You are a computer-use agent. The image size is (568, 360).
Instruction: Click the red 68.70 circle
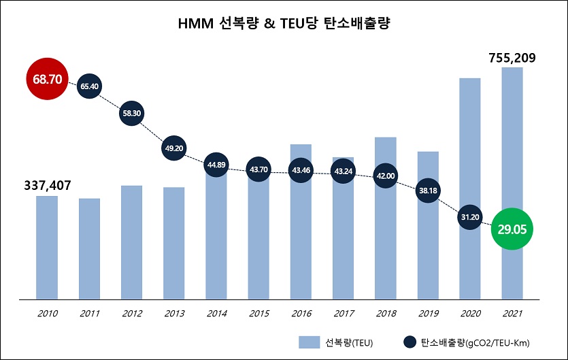[x=47, y=80]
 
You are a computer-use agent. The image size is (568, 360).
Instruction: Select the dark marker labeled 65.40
[x=89, y=86]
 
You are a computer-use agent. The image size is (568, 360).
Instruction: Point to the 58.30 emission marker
[x=131, y=114]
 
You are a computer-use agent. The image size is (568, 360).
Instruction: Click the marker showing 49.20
[x=173, y=148]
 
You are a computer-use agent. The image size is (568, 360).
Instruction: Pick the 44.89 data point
[x=216, y=164]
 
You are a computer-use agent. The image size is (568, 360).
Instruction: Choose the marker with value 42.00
[x=385, y=175]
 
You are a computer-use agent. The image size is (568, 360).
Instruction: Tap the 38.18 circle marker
[x=427, y=191]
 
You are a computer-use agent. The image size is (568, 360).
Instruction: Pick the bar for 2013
[x=173, y=245]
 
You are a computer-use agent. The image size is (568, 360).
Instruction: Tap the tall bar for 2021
[x=512, y=136]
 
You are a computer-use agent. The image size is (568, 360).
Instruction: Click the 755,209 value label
[x=512, y=58]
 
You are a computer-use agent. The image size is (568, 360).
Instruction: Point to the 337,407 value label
[x=48, y=185]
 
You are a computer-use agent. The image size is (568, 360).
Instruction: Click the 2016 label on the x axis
[x=300, y=314]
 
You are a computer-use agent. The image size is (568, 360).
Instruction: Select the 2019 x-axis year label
[x=427, y=314]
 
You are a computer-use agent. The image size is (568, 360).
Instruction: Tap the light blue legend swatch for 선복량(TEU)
[x=310, y=342]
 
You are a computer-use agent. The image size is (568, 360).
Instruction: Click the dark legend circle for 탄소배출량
[x=410, y=342]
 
